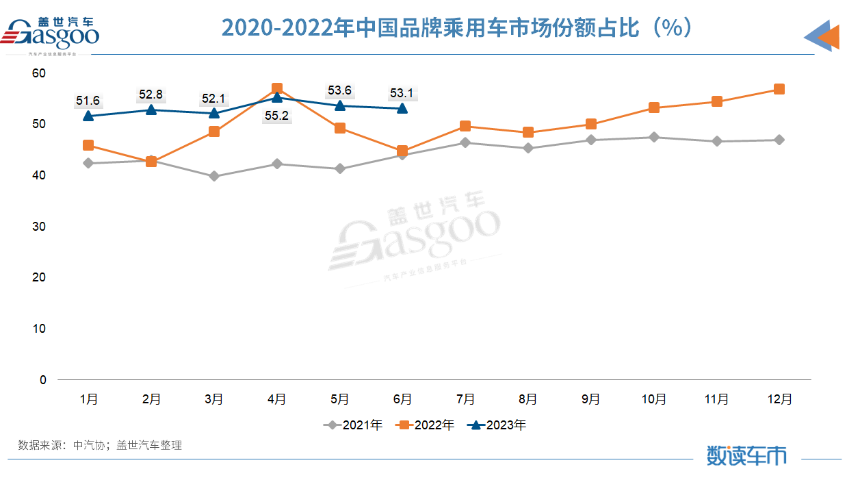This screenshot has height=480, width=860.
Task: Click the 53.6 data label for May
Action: (x=339, y=90)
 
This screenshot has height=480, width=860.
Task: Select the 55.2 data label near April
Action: (x=276, y=116)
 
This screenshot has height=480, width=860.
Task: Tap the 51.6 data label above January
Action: (x=88, y=101)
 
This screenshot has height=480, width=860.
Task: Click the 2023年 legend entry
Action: (x=497, y=425)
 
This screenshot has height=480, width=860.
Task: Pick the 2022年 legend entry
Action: (x=425, y=425)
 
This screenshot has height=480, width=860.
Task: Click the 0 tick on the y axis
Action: (x=43, y=380)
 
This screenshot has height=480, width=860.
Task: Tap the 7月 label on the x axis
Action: (x=465, y=399)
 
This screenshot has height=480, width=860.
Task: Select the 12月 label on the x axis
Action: (x=779, y=399)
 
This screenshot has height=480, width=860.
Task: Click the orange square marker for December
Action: (x=779, y=89)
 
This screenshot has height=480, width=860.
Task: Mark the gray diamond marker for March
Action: (x=214, y=176)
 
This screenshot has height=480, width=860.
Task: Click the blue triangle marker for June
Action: (x=402, y=108)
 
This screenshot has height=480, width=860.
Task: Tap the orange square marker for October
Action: (x=654, y=108)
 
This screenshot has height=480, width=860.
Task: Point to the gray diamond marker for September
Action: (x=591, y=140)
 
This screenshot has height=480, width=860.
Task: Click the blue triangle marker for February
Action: (x=151, y=110)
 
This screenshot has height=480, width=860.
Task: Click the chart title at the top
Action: (x=460, y=28)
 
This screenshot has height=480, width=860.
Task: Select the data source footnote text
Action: (x=100, y=445)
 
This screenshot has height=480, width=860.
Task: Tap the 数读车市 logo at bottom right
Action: (x=746, y=455)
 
